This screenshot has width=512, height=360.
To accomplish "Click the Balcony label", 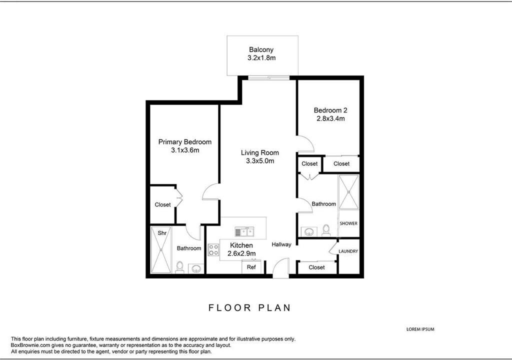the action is coord(261,49).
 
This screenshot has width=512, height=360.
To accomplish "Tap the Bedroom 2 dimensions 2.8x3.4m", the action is coord(330,118).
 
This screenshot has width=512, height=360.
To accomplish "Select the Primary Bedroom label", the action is coord(185,142).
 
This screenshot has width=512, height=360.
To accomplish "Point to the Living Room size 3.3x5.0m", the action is coord(260,160).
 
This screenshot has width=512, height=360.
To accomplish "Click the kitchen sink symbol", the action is coord(244,232).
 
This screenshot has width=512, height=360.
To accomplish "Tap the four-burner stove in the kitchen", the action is coord(213,250).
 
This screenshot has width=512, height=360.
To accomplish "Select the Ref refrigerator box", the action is coord(251,266).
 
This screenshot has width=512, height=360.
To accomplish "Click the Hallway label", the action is coord(281,244).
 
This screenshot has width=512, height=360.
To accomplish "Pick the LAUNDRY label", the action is coord(348,251).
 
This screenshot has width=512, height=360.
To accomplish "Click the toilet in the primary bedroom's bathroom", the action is coord(180,267).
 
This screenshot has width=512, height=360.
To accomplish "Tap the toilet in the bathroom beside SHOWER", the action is coord(326,230).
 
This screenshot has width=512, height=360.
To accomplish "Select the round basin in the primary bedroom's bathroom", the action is coord(196,269).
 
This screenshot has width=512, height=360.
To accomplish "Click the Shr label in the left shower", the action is coord(162,233).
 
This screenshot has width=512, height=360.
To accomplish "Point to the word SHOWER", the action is coord(348,223).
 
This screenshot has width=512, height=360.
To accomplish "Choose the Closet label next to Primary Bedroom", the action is coord(162,205).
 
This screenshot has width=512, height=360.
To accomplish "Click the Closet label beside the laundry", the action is coord(316,267).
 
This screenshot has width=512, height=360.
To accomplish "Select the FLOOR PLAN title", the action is coord(250,307).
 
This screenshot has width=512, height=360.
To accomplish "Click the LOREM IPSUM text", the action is coord(420,329).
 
